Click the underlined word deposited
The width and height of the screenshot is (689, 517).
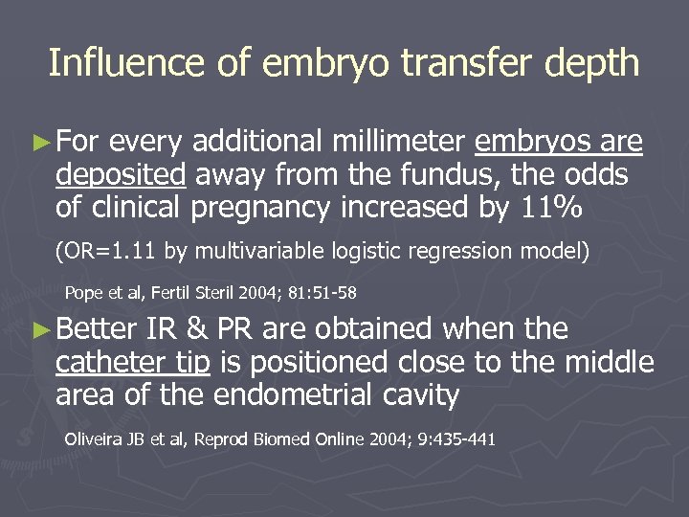[120, 176]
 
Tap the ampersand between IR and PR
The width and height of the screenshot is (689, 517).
[197, 330]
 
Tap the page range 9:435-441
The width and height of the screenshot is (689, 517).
[451, 441]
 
